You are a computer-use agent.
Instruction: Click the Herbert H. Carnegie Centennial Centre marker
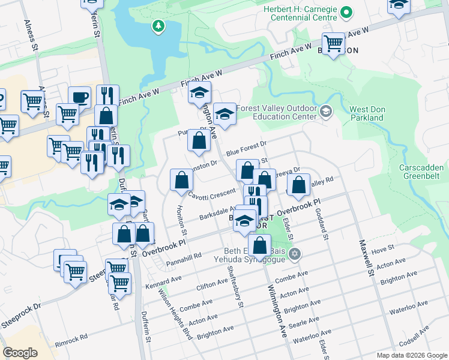coord(346,12)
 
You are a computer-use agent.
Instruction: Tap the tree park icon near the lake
coord(158,25)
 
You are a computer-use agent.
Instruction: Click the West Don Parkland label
coord(366,113)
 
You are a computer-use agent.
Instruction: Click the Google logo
coord(20,353)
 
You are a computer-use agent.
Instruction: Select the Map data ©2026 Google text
coord(411,355)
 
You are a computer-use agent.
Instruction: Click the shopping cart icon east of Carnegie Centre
coord(333,43)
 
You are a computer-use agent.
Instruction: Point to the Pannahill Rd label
coord(184,257)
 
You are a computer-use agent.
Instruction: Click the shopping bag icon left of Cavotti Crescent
coord(181,179)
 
